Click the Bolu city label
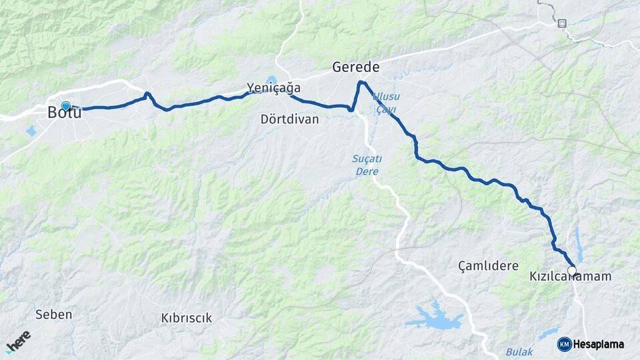65,113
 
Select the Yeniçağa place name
273,88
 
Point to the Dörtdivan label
290,120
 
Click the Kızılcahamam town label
570,276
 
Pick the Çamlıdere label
488,266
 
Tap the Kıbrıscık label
187,318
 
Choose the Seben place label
53,314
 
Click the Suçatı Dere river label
367,165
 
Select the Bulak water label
519,351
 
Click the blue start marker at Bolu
65,105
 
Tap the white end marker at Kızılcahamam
571,271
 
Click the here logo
18,341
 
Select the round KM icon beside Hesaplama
564,344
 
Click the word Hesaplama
599,345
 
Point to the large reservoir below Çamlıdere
435,318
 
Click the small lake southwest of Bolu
31,131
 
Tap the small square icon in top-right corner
562,23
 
